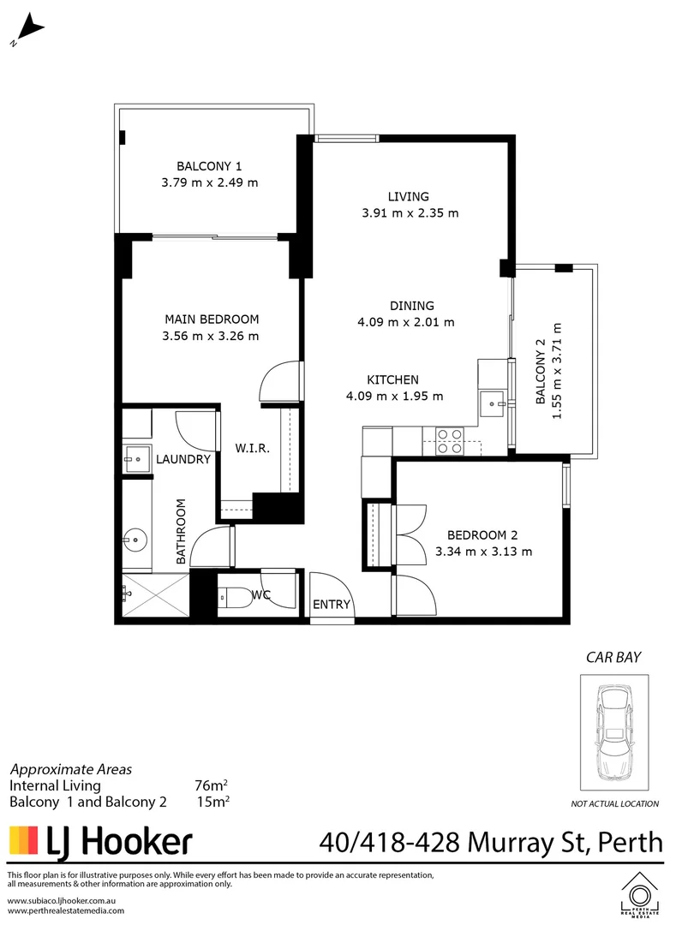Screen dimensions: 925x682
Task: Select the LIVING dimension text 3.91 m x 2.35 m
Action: (410, 213)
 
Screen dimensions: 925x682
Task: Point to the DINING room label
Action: (412, 305)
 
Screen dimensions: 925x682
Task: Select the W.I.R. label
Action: (253, 448)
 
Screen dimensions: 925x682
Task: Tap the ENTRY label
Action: (332, 604)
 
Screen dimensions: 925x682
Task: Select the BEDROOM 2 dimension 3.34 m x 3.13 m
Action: (483, 551)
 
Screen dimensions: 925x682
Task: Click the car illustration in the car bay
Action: (613, 733)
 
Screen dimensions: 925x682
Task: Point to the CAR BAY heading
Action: (613, 658)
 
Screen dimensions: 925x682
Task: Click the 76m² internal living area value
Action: (211, 785)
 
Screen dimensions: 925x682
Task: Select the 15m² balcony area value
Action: (212, 802)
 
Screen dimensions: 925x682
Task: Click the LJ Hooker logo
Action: (100, 841)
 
